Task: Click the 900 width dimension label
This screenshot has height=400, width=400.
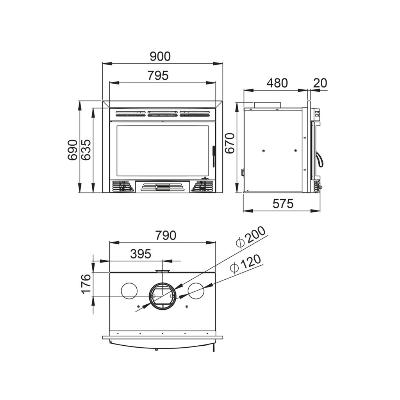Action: tap(160, 56)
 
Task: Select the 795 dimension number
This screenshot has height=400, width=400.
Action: tap(158, 75)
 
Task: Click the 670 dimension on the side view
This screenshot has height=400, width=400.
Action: tap(230, 143)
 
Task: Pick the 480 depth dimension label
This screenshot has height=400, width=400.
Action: tap(277, 83)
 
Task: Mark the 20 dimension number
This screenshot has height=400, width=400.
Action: tap(320, 83)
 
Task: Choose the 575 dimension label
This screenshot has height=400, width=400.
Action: tap(283, 204)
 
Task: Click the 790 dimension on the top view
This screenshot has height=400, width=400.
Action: tap(166, 235)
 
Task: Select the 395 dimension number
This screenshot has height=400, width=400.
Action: tap(141, 254)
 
